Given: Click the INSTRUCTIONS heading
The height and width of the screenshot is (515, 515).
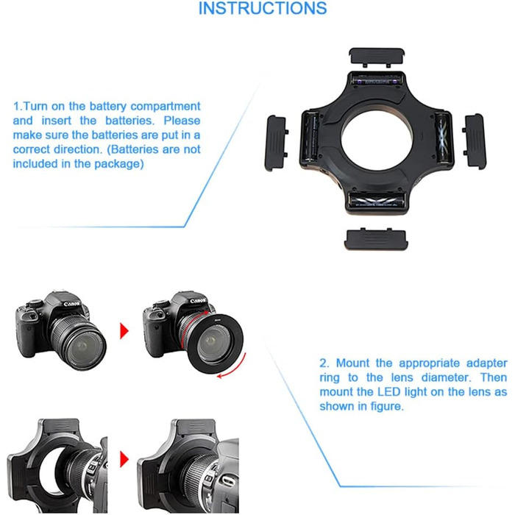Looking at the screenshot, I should coord(263,9).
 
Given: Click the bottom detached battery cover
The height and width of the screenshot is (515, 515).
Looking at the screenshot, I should coord(374,239).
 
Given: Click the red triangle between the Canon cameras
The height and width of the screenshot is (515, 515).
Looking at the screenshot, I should coord(123,328).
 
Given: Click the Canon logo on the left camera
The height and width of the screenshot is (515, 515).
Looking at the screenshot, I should coord(71,303).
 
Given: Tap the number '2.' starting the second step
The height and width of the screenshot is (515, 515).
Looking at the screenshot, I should coord(324,363).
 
